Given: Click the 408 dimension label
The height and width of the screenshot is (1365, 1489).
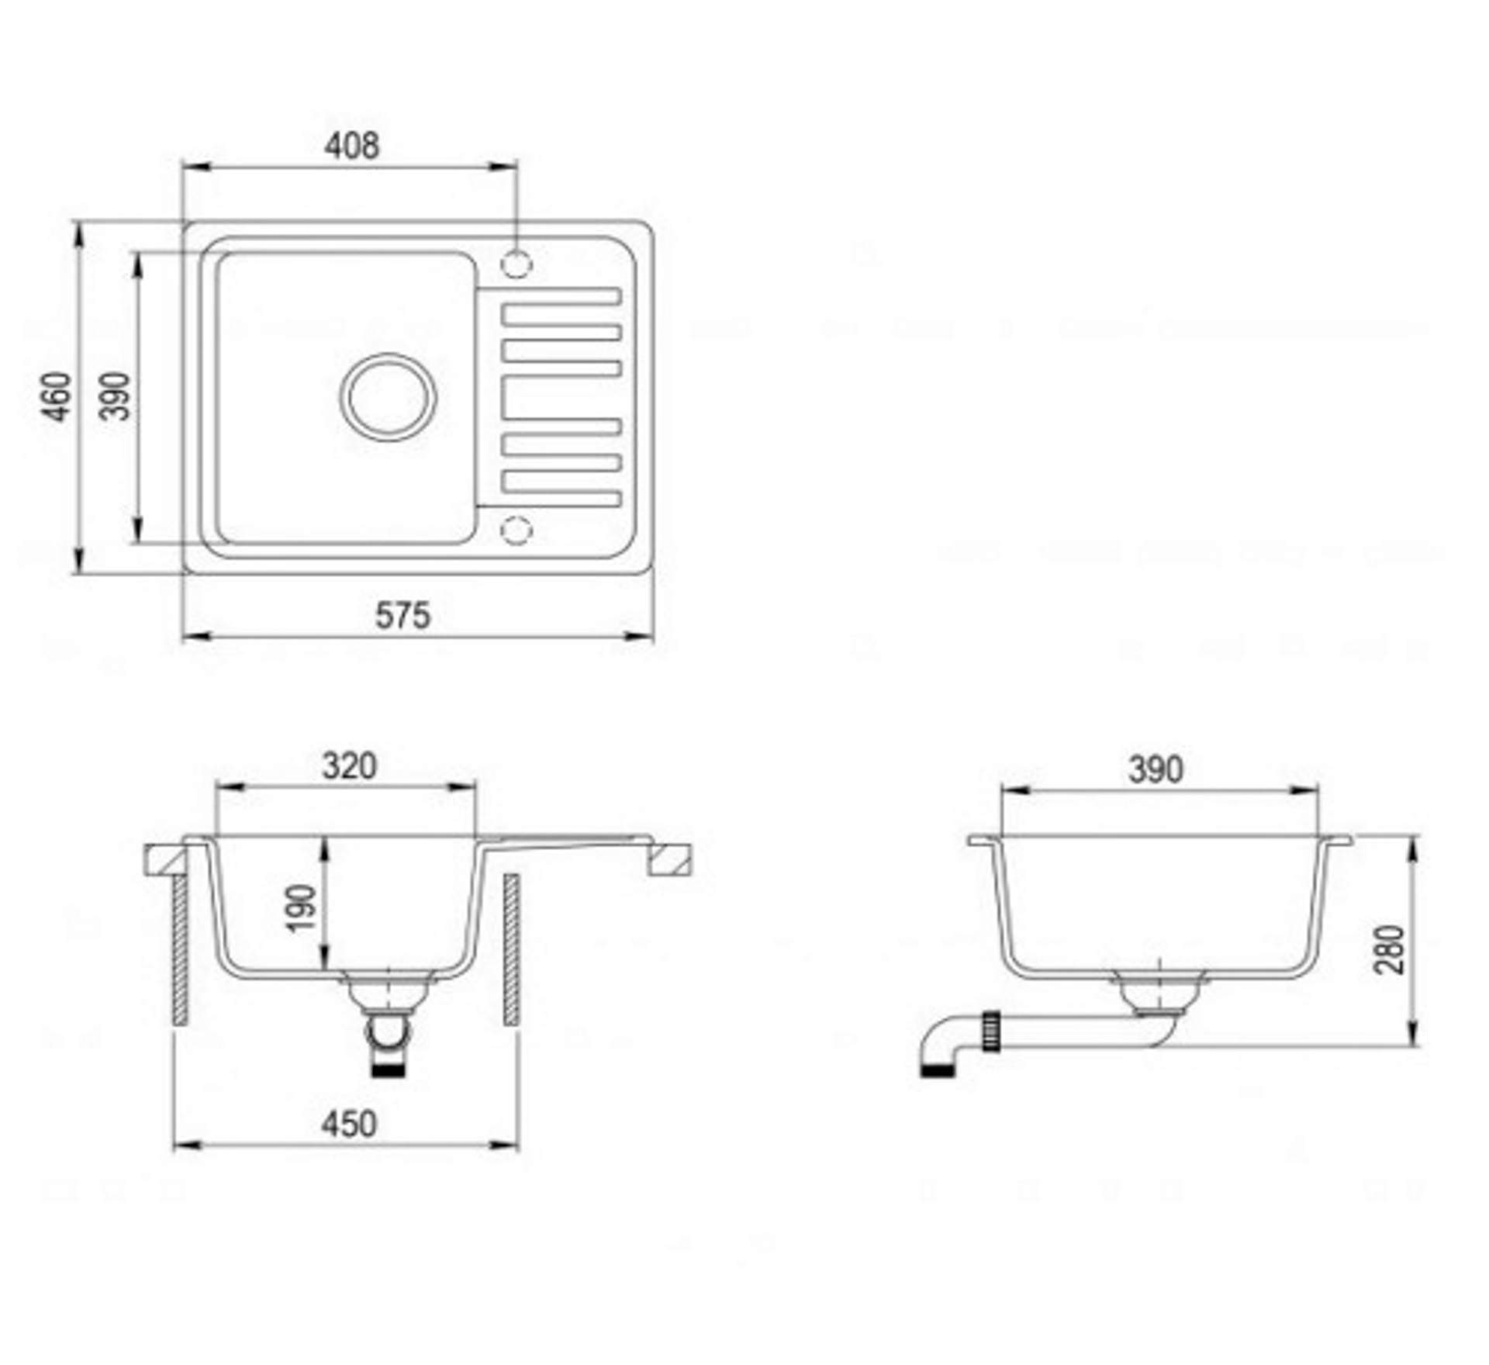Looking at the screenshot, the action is [352, 146].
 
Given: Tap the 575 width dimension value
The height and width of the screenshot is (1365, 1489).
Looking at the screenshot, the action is [402, 615].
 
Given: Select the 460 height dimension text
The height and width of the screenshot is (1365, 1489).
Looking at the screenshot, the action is [57, 396].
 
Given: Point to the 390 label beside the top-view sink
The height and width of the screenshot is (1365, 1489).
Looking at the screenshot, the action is [116, 396].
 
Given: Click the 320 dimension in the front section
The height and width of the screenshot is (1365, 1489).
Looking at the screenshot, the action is [350, 765].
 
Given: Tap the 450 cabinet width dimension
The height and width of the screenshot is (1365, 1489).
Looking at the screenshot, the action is [349, 1124].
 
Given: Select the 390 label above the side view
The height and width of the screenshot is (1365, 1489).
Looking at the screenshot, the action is [1156, 769].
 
